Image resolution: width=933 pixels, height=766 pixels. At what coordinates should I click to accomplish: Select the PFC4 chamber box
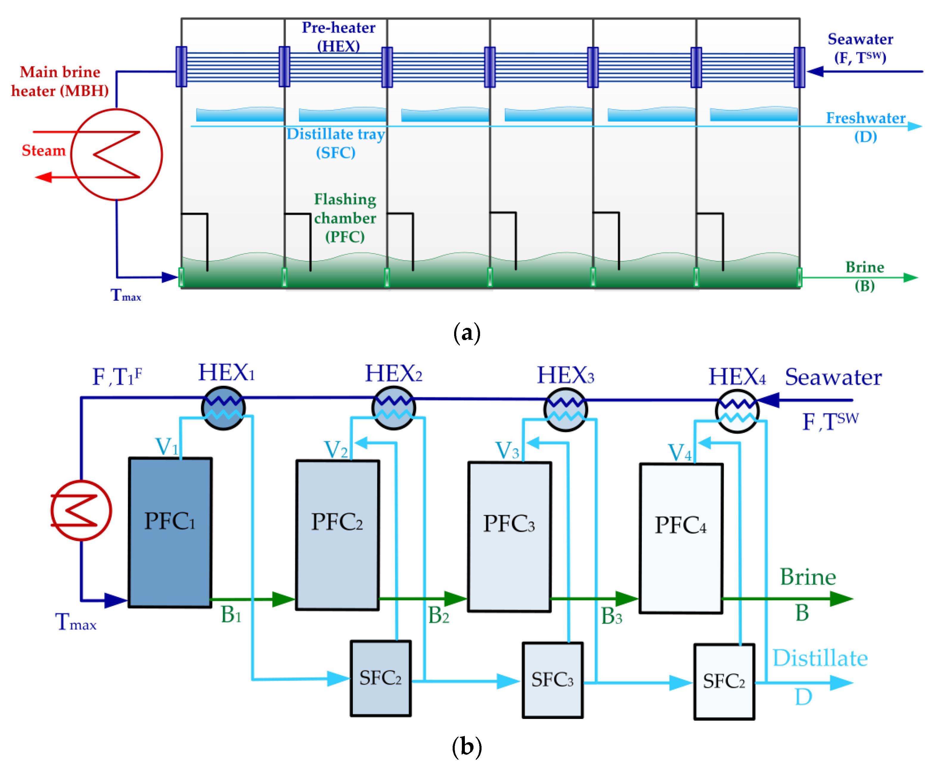coord(681,538)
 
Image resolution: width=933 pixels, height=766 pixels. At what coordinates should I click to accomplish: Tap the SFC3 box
coord(552,680)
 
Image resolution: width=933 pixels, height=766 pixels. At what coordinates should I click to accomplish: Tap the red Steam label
coord(44,151)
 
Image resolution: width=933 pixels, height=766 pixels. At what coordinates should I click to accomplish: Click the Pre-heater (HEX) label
coord(338,37)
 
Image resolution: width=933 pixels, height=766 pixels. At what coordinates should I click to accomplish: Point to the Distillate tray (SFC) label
coord(336,143)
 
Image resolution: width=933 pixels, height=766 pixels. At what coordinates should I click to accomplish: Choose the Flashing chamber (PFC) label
coord(345,218)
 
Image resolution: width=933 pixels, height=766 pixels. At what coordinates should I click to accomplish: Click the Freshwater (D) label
coord(866,127)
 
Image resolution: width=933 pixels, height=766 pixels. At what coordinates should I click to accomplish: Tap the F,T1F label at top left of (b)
coord(117,377)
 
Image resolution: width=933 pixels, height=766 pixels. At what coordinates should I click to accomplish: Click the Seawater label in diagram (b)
coord(833,377)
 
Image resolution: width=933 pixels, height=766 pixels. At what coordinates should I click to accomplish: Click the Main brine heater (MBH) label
coord(60,81)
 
